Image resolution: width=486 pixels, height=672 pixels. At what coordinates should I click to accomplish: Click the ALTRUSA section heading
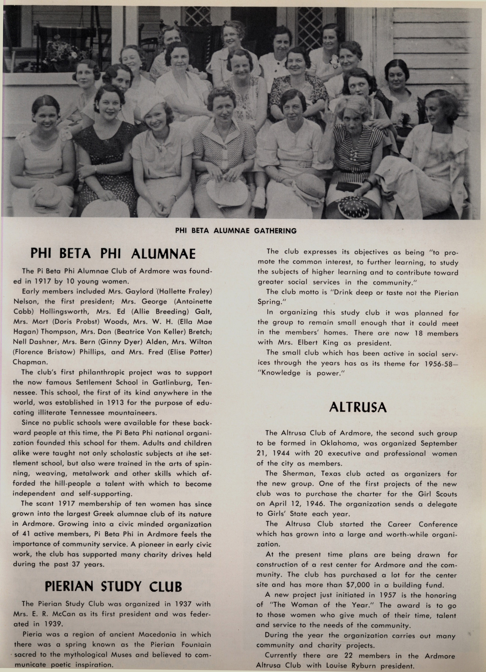coord(358,408)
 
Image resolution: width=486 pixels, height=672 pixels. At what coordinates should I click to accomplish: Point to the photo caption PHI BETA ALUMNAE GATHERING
coord(236,231)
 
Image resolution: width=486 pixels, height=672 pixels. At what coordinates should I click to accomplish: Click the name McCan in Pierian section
coord(62,614)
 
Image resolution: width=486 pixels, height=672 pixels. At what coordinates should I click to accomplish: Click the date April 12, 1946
coord(297,504)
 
